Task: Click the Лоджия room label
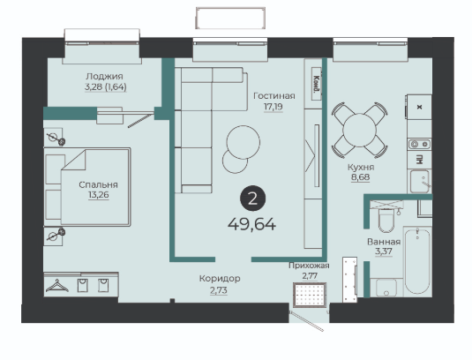coord(104,76)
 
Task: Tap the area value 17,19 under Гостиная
coord(273,107)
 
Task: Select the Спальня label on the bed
coord(98,184)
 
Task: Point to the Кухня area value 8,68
coord(360,177)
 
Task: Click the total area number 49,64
coord(251,224)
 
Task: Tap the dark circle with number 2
coord(252,199)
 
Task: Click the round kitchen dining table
coord(359,131)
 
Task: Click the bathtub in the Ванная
coord(417,261)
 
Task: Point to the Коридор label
coord(220,279)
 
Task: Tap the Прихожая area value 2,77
coord(310,275)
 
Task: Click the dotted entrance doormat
coord(310,296)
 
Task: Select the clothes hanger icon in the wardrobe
coord(57,286)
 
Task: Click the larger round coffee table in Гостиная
coord(243,142)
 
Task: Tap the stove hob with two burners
coord(419,145)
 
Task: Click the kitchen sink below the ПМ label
coord(419,181)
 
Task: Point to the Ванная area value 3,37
coord(384,251)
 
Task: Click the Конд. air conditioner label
coord(316,83)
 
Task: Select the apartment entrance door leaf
coord(306,321)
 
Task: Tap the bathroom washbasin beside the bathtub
coord(386,288)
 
